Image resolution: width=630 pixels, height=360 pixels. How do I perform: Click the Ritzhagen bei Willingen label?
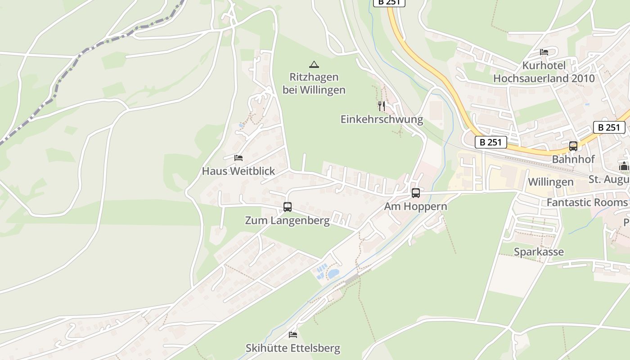[x=314, y=83]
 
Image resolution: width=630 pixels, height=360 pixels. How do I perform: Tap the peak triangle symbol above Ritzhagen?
[x=314, y=64]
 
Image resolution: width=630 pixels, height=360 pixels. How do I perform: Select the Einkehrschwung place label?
[x=382, y=119]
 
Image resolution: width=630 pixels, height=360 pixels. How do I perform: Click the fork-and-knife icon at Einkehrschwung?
[x=382, y=106]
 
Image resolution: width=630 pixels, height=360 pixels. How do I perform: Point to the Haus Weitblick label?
[x=238, y=171]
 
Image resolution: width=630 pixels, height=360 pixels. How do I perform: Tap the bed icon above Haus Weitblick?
[x=238, y=158]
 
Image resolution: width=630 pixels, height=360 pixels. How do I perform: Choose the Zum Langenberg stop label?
[x=287, y=220]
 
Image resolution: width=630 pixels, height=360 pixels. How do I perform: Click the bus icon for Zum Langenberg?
[x=288, y=207]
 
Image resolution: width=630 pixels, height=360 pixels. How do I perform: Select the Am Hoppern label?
[x=415, y=207]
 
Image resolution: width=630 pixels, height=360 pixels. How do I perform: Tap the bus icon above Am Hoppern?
[x=416, y=193]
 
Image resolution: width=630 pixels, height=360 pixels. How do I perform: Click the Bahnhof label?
[x=573, y=159]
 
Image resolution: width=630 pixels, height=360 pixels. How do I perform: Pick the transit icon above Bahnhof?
[x=573, y=146]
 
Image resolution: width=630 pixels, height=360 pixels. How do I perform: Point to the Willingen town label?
[x=550, y=182]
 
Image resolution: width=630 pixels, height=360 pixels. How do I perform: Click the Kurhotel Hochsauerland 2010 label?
[x=544, y=72]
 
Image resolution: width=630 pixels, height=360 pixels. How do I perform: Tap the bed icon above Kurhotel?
[x=544, y=52]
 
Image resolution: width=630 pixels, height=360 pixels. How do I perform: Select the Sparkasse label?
[x=539, y=252]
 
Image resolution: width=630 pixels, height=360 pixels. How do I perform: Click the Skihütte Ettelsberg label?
[x=292, y=348]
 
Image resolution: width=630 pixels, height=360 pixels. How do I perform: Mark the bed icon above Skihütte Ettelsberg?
[x=293, y=335]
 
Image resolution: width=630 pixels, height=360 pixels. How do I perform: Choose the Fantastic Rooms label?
[x=587, y=202]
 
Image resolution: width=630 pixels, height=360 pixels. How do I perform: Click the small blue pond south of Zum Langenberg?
[x=333, y=274]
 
